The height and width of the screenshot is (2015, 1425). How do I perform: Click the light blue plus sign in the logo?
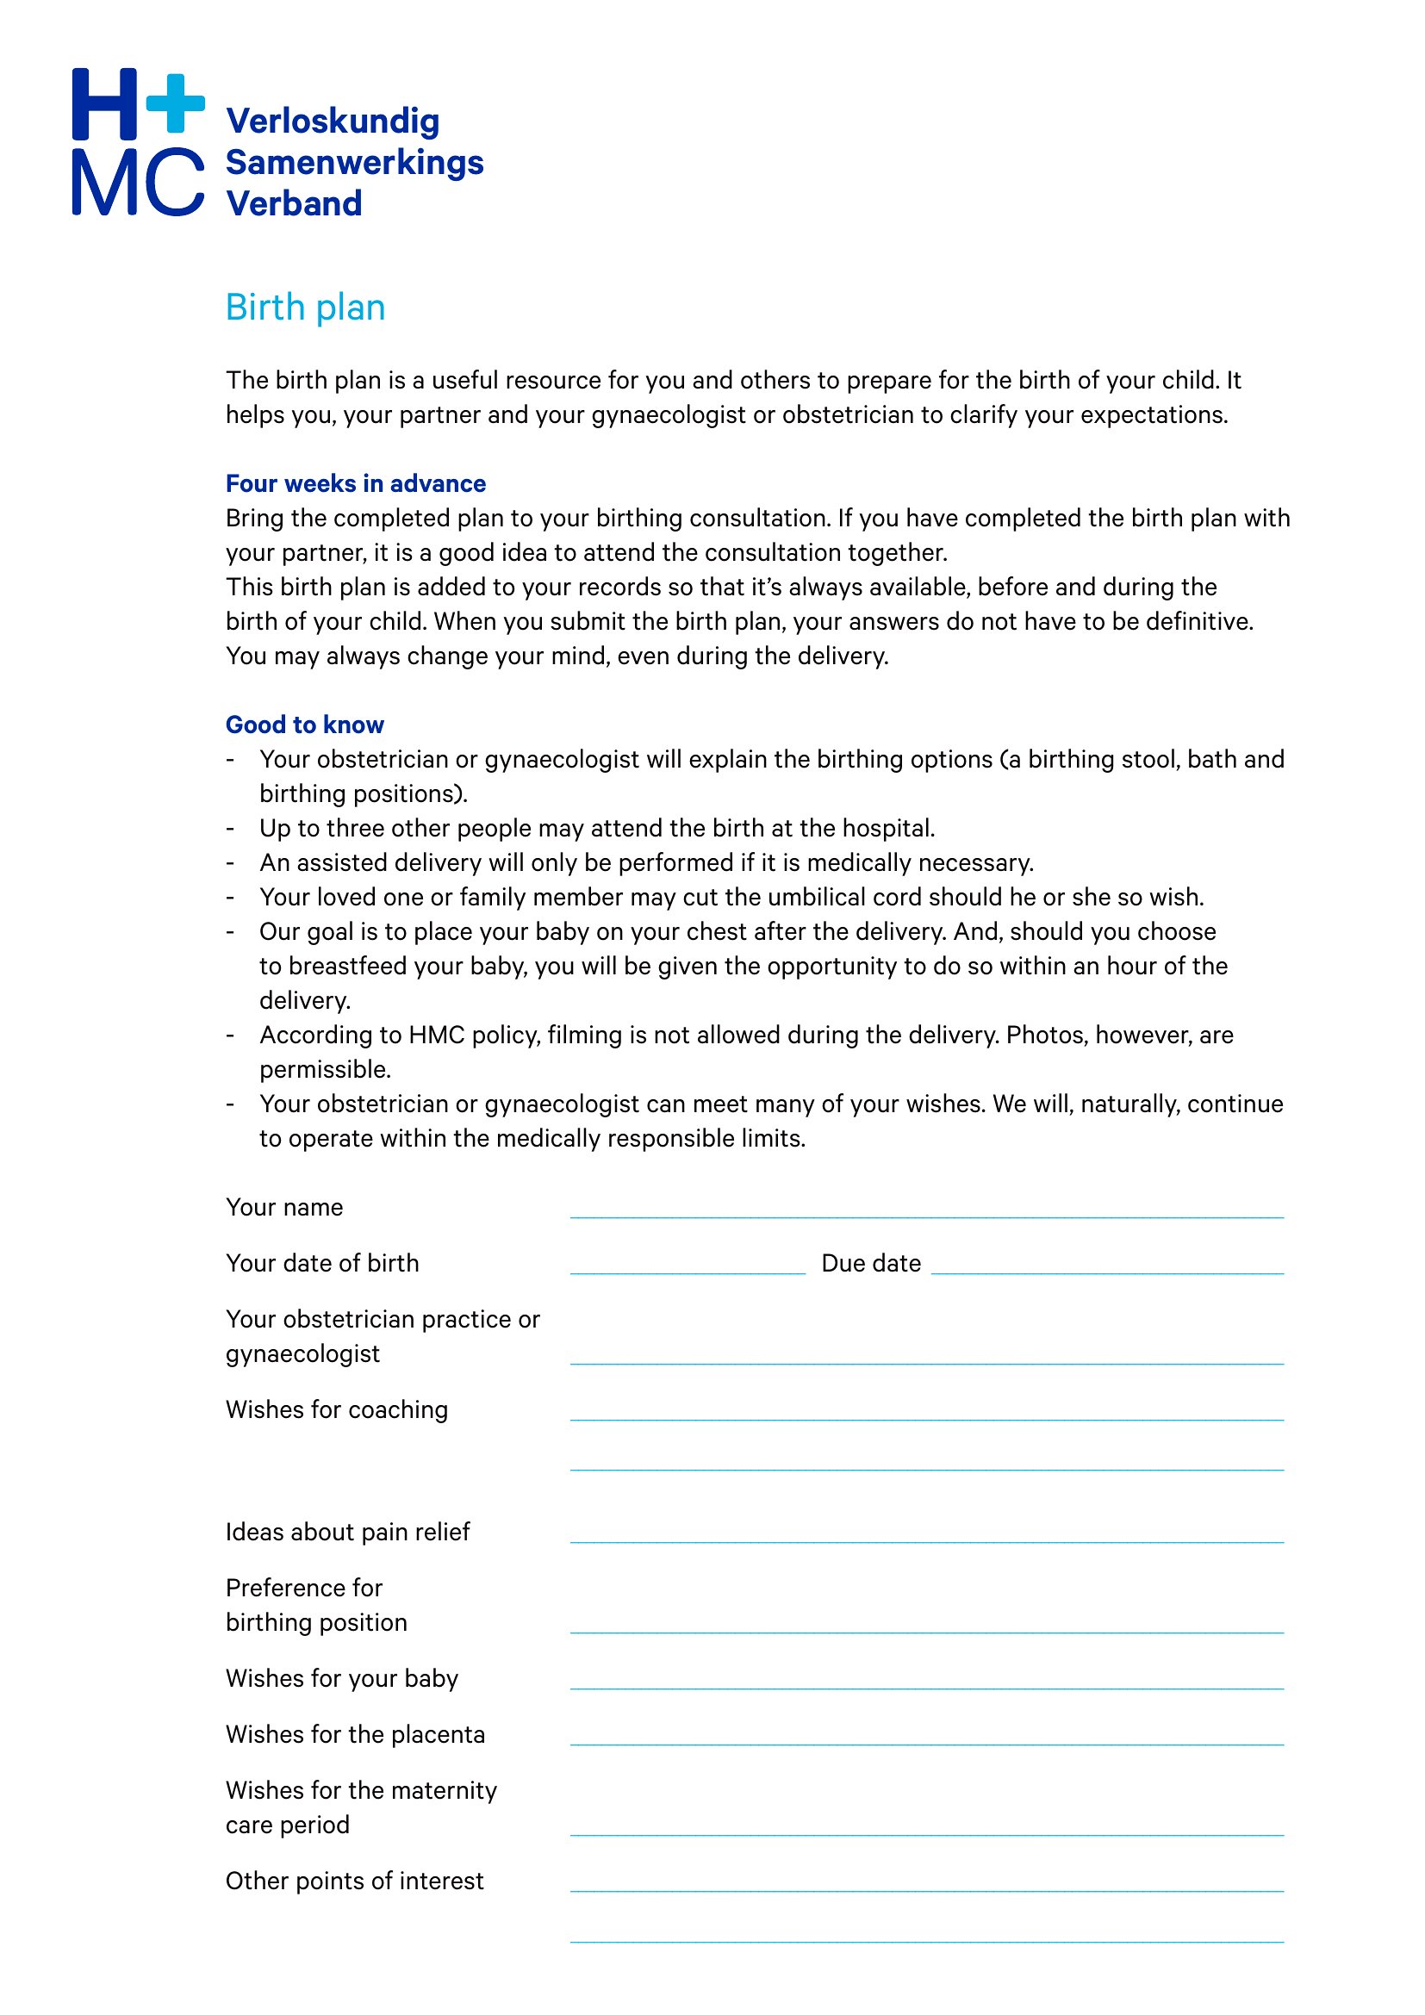pos(176,103)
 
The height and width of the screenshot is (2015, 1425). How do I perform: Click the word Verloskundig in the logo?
pos(333,121)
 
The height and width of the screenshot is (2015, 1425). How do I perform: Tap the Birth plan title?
pos(304,308)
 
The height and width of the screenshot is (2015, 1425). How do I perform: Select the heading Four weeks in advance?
pos(355,483)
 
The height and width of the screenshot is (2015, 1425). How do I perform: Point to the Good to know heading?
pos(304,725)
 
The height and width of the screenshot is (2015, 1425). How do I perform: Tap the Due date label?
pos(870,1264)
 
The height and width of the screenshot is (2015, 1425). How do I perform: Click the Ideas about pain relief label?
pos(347,1533)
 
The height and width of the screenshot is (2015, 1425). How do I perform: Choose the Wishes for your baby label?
pos(341,1679)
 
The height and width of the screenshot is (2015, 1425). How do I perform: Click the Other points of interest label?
pos(354,1881)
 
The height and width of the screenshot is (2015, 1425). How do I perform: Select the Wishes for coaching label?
pos(336,1410)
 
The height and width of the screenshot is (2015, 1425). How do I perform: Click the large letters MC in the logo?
pos(138,182)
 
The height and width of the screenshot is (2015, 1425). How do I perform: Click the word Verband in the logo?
pos(294,203)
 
